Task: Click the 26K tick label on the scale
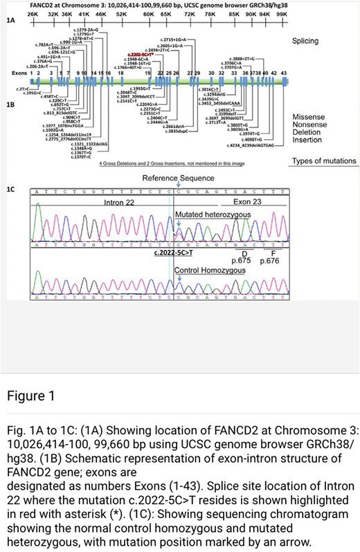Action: pyautogui.click(x=33, y=14)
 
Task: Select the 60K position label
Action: pyautogui.click(x=148, y=14)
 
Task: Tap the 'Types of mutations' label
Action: pyautogui.click(x=324, y=161)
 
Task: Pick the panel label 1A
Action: pyautogui.click(x=11, y=22)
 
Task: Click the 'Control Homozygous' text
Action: pyautogui.click(x=201, y=270)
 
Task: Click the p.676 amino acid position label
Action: pyautogui.click(x=273, y=261)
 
